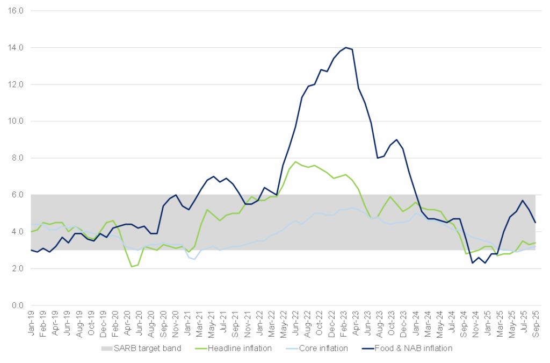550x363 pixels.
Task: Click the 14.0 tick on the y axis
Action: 15,48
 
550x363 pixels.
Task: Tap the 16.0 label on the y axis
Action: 15,11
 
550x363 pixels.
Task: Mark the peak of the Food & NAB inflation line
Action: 346,47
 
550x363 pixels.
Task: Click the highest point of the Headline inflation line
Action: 295,161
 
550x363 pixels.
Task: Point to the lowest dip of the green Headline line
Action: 132,267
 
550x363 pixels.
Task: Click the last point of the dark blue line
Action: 535,223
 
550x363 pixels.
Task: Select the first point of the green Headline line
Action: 31,232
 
